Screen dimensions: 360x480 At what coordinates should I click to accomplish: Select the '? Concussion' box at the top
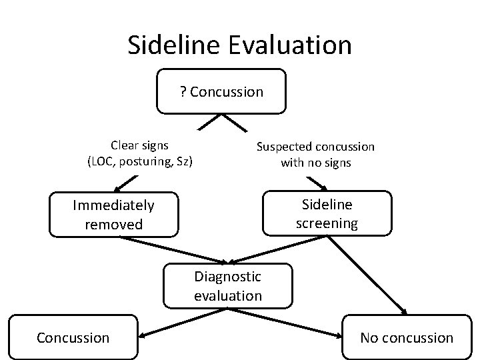pyautogui.click(x=221, y=91)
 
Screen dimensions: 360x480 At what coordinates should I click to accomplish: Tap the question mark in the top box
pyautogui.click(x=183, y=91)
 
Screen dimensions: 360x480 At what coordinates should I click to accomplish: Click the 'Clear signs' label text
pyautogui.click(x=139, y=145)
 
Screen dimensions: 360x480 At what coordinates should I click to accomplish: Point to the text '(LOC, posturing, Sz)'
pyautogui.click(x=139, y=161)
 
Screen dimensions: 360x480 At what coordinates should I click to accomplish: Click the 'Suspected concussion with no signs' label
pyautogui.click(x=315, y=154)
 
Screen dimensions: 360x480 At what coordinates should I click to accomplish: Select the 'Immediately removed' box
pyautogui.click(x=114, y=215)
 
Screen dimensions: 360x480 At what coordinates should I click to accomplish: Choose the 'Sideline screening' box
pyautogui.click(x=327, y=213)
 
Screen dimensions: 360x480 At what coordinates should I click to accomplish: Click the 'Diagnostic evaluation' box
pyautogui.click(x=227, y=285)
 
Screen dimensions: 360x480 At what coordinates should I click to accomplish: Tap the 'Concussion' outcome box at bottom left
pyautogui.click(x=73, y=337)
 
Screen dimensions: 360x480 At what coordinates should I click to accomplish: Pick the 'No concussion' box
pyautogui.click(x=406, y=337)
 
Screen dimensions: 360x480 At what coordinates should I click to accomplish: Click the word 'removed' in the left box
pyautogui.click(x=114, y=225)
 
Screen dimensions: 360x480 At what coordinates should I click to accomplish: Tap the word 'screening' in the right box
pyautogui.click(x=327, y=223)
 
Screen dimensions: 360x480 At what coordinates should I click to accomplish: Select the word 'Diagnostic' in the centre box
pyautogui.click(x=227, y=276)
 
